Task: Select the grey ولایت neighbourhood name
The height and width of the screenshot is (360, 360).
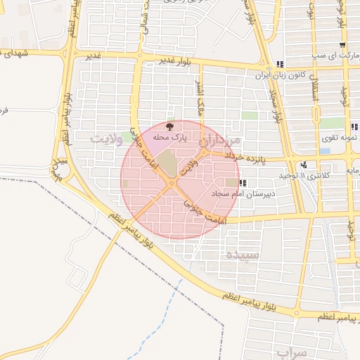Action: pos(106,139)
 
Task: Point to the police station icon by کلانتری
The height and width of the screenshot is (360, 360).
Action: pos(304,165)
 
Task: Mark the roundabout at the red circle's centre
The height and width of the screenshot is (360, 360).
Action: pos(173,184)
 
